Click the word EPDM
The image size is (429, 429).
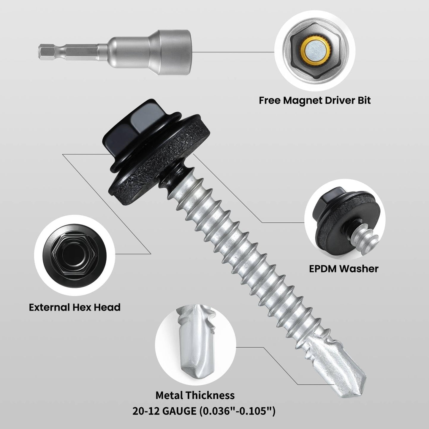click(322, 269)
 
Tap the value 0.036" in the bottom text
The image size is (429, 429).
click(215, 411)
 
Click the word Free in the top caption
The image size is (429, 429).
click(270, 100)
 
